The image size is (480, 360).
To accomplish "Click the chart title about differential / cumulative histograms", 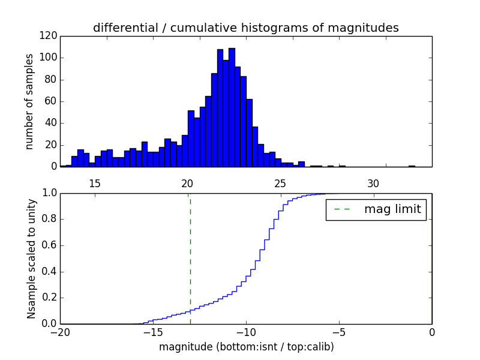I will (245, 28).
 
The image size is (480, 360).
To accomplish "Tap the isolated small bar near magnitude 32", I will (412, 166).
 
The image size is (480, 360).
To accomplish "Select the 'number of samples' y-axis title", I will (29, 101).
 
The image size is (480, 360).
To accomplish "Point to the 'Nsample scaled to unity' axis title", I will (31, 259).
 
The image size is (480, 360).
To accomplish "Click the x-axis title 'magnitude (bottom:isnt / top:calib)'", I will (246, 347).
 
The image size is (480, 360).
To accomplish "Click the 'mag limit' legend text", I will (392, 209).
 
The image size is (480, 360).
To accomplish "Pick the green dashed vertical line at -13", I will (190, 252).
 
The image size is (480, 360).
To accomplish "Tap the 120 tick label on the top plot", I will (48, 36).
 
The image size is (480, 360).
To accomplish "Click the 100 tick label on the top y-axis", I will (48, 58).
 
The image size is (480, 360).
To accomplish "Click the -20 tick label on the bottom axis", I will (60, 332).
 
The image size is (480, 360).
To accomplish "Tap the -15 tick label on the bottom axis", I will (153, 332).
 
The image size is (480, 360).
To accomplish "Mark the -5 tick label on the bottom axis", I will (339, 332).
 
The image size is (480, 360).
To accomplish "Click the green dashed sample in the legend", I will (342, 209).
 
